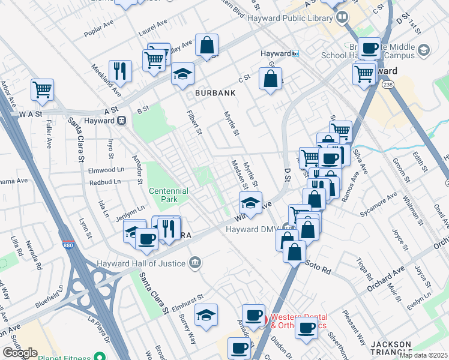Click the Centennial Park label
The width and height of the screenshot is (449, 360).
169,194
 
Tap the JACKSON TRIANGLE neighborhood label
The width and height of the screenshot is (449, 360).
391,348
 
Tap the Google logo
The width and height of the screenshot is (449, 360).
20,353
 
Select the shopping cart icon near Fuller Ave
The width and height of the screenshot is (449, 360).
43,91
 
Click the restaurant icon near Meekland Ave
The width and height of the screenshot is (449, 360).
121,71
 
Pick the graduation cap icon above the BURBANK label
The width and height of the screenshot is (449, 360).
182,74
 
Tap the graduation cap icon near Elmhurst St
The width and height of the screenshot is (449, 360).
206,316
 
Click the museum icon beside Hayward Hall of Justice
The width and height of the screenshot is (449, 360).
194,262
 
